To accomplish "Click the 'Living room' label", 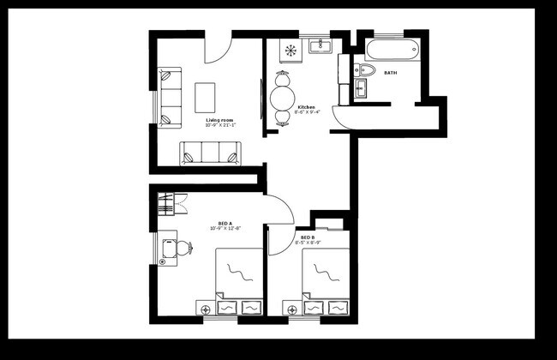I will (x=220, y=120).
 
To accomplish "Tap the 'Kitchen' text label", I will (x=306, y=107).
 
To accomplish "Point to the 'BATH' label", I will (x=390, y=73).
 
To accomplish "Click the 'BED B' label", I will (x=306, y=237).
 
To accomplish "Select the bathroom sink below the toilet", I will (x=360, y=87).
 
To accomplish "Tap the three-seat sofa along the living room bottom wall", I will (x=211, y=154).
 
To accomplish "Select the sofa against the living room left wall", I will (x=170, y=97).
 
